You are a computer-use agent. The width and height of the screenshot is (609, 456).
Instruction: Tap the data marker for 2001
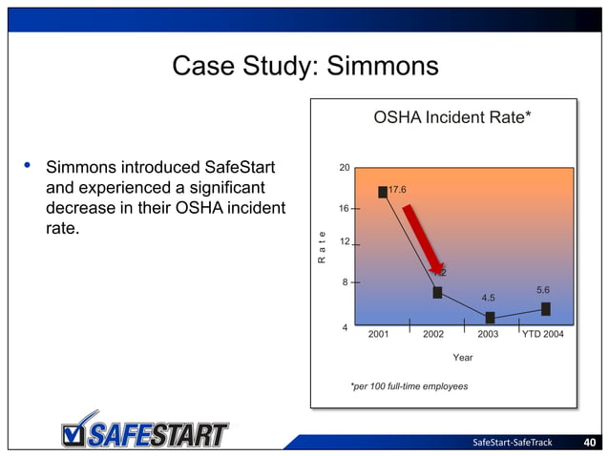383,192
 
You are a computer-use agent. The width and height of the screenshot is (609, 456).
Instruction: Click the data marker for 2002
437,292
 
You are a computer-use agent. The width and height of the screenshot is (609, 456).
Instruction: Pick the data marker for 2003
490,317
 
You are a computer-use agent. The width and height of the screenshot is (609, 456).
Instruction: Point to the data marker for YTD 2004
545,308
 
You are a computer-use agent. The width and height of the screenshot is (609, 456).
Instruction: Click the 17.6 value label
398,189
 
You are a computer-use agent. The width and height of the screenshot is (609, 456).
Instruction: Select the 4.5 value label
488,298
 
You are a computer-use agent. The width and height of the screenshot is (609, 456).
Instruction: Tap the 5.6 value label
543,289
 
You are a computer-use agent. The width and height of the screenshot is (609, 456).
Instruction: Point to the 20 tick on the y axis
345,168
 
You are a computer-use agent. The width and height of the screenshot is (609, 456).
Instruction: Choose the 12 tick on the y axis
345,242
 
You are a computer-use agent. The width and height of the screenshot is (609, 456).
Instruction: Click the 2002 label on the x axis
433,335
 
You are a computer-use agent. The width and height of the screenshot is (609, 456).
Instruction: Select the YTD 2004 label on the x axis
542,335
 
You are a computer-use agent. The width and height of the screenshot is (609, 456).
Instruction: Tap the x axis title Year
463,358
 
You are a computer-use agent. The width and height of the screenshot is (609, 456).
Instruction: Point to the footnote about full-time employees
409,386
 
